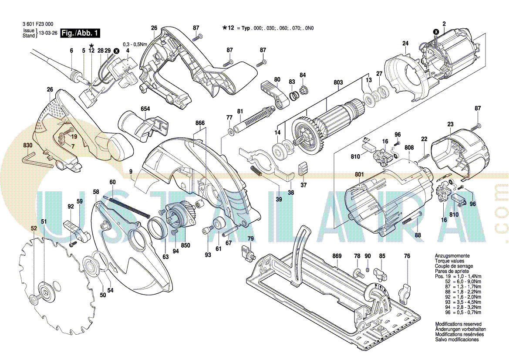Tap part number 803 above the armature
click(x=338, y=82)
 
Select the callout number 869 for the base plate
click(x=337, y=256)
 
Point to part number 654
click(x=145, y=109)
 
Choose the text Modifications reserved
click(x=458, y=324)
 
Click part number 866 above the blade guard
click(x=200, y=123)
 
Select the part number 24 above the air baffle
click(x=405, y=43)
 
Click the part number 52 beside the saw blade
click(x=34, y=228)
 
